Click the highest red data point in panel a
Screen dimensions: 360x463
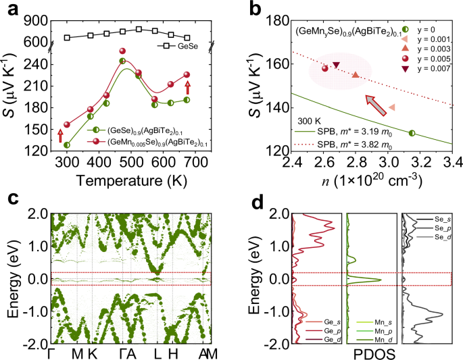tap(122, 51)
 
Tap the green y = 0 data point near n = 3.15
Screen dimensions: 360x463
tap(412, 133)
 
